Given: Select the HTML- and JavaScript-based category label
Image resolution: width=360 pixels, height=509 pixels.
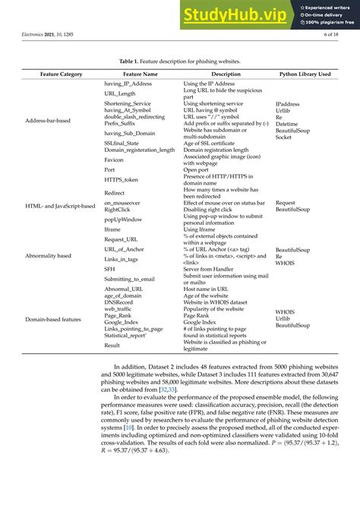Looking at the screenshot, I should point(60,205).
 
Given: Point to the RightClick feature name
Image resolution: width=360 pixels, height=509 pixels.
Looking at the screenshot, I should point(120,210).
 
